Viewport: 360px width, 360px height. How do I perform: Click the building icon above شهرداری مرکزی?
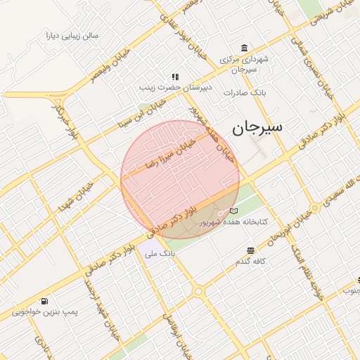(x=244, y=48)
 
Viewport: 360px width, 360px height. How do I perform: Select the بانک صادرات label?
(x=243, y=92)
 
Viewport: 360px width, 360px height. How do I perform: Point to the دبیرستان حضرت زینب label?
(x=174, y=88)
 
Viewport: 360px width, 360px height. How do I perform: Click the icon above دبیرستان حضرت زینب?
(x=174, y=77)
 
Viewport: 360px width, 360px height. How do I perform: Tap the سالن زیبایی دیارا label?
(x=72, y=34)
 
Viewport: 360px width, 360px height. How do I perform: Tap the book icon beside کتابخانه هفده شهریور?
(x=234, y=211)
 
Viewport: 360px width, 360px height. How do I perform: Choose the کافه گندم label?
(x=250, y=262)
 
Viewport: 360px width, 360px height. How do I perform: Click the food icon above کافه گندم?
(x=250, y=251)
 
